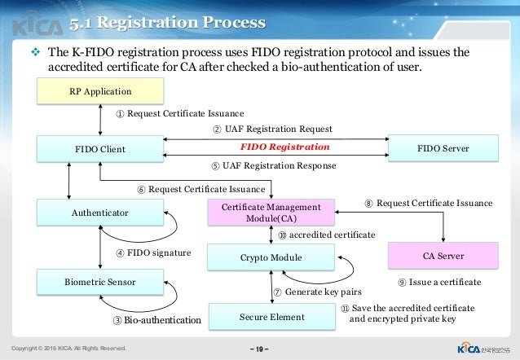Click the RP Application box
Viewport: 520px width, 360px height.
(x=99, y=91)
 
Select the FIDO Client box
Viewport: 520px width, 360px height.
(x=99, y=149)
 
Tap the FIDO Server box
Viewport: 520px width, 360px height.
(x=443, y=149)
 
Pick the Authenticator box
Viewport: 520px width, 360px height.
(x=99, y=213)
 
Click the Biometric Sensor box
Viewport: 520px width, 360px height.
(x=99, y=282)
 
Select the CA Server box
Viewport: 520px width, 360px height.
(x=443, y=256)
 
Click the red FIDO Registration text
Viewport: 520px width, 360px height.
(x=284, y=148)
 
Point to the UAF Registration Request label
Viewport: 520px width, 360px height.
(x=272, y=129)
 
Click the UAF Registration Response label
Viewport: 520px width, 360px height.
(x=273, y=166)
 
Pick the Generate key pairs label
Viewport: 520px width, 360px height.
(x=317, y=291)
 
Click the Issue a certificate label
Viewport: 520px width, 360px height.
(x=439, y=282)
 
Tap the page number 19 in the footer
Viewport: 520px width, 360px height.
(x=259, y=348)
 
